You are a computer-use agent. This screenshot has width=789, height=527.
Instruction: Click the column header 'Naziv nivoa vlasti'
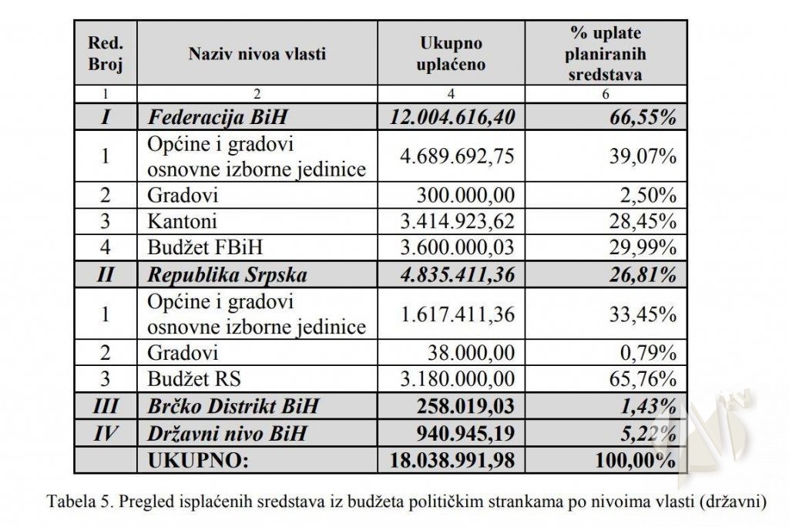[x=257, y=54]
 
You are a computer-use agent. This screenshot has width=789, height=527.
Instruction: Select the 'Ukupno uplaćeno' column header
[x=451, y=54]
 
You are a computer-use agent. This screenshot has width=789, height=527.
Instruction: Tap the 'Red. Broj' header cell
[x=106, y=54]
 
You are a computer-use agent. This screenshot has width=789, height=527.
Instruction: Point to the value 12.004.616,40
[x=452, y=118]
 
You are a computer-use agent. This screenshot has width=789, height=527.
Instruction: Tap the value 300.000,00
[x=471, y=196]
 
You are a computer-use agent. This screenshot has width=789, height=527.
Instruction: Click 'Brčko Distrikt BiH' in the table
[x=233, y=406]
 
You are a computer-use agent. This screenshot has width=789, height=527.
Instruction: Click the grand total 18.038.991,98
[x=452, y=460]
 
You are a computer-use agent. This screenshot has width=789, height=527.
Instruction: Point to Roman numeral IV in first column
[x=106, y=433]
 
